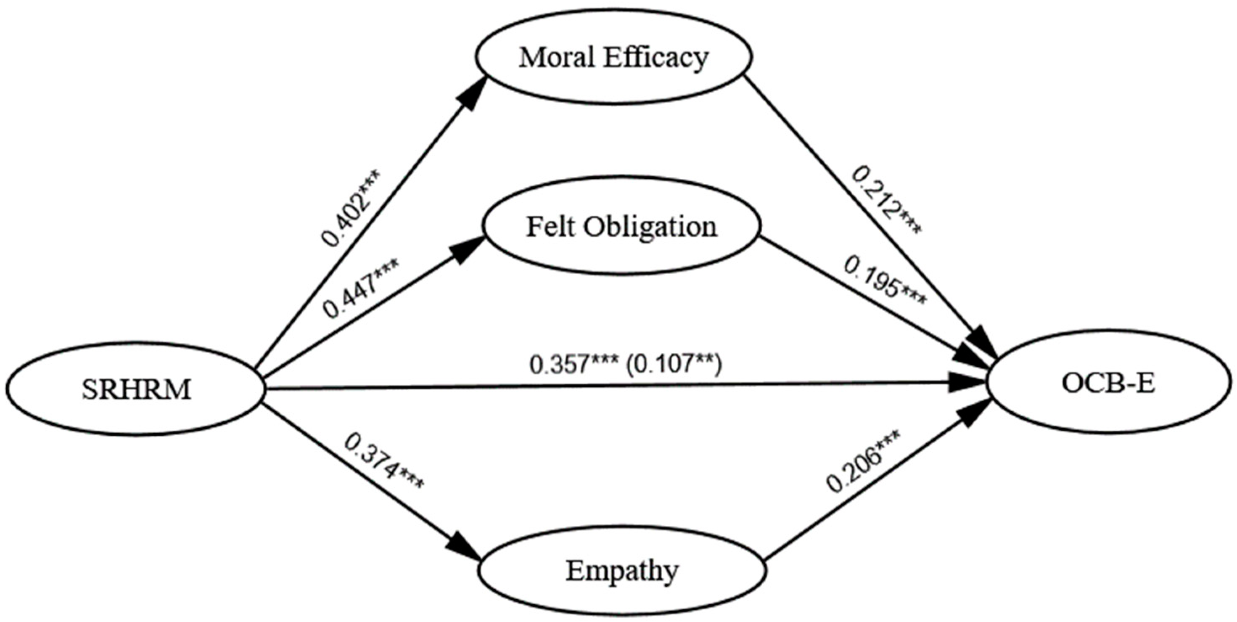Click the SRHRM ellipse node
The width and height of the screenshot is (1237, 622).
click(136, 389)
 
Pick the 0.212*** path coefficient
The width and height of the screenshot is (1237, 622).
click(886, 201)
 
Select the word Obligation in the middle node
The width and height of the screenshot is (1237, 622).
click(651, 227)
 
